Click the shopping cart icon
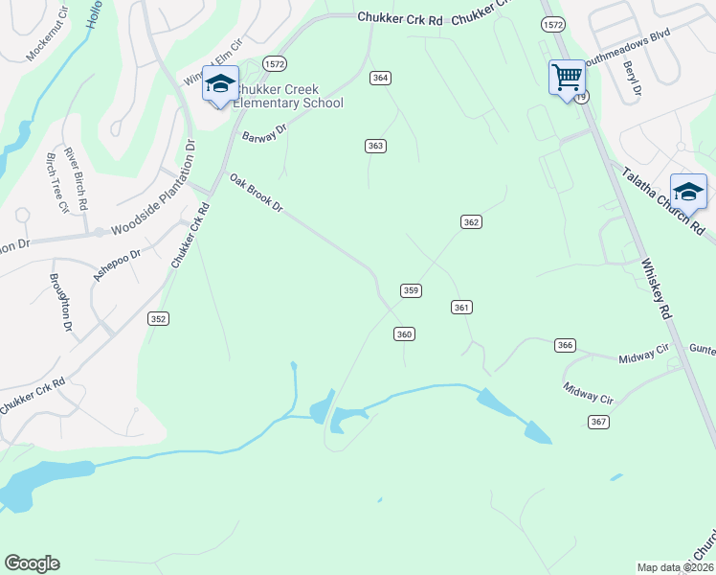pyautogui.click(x=567, y=76)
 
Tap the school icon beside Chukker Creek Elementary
pyautogui.click(x=220, y=83)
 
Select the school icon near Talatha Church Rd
pyautogui.click(x=688, y=189)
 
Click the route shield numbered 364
pyautogui.click(x=381, y=78)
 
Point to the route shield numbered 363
pyautogui.click(x=375, y=146)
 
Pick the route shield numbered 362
pyautogui.click(x=470, y=221)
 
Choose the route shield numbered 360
pyautogui.click(x=404, y=333)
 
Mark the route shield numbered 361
pyautogui.click(x=461, y=307)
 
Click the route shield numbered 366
pyautogui.click(x=565, y=345)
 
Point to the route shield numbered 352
pyautogui.click(x=158, y=319)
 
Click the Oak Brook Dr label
pyautogui.click(x=257, y=193)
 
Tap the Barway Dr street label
pyautogui.click(x=264, y=133)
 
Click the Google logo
pyautogui.click(x=32, y=563)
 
